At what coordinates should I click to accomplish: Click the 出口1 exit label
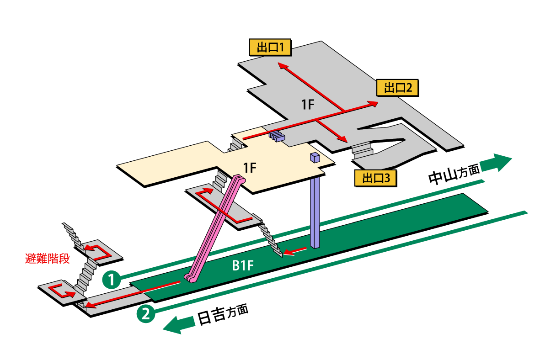(270, 47)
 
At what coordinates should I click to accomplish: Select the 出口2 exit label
(398, 87)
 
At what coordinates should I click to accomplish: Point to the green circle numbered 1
(111, 279)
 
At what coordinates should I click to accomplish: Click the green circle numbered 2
(145, 314)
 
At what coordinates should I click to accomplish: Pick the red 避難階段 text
(47, 259)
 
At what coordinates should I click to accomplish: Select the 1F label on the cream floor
(250, 168)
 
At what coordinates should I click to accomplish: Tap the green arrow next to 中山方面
(496, 162)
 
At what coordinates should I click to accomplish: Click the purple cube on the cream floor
(315, 158)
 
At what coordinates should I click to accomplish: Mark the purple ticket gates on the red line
(277, 136)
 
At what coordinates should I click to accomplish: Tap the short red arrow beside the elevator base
(294, 250)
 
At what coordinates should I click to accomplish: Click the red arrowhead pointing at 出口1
(282, 67)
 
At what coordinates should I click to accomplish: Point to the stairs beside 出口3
(363, 149)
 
